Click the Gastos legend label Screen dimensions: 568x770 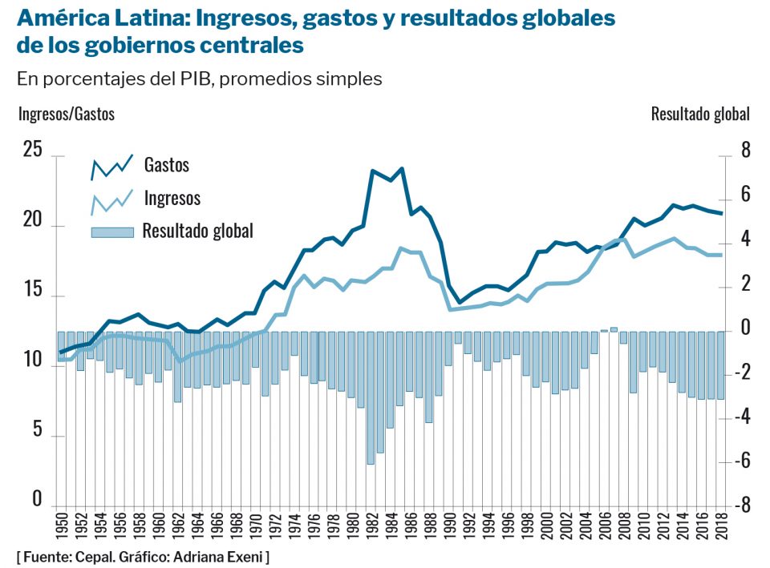coord(167,165)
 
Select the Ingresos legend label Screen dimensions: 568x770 coord(172,197)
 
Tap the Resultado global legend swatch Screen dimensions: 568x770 coord(112,232)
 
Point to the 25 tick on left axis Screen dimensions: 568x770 coord(31,150)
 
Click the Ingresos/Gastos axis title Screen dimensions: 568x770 coord(67,114)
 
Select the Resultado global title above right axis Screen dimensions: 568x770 coord(700,114)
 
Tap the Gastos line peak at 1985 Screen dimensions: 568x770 coord(402,169)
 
